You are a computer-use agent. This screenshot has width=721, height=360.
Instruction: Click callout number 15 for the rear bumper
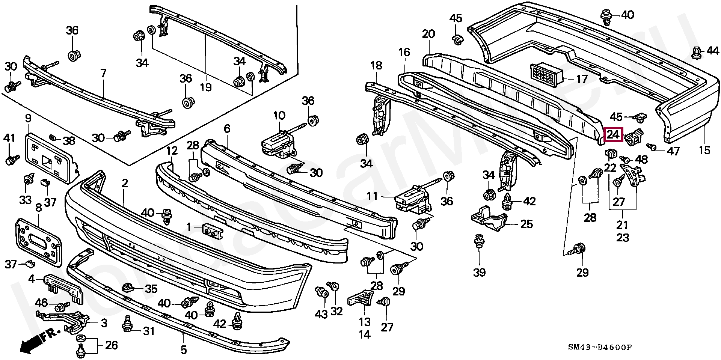click(x=704, y=150)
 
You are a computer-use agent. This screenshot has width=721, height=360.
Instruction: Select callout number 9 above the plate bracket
click(x=28, y=119)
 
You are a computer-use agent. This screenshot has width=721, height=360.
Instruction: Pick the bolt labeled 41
click(x=11, y=159)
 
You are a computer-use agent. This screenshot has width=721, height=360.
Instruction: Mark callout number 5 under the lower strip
click(x=183, y=350)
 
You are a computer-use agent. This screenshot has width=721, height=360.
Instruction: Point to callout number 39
click(x=480, y=272)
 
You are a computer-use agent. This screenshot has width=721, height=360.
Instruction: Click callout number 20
click(x=428, y=34)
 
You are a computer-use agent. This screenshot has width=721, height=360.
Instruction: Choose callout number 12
click(x=172, y=151)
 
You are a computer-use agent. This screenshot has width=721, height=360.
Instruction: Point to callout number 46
click(x=42, y=303)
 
